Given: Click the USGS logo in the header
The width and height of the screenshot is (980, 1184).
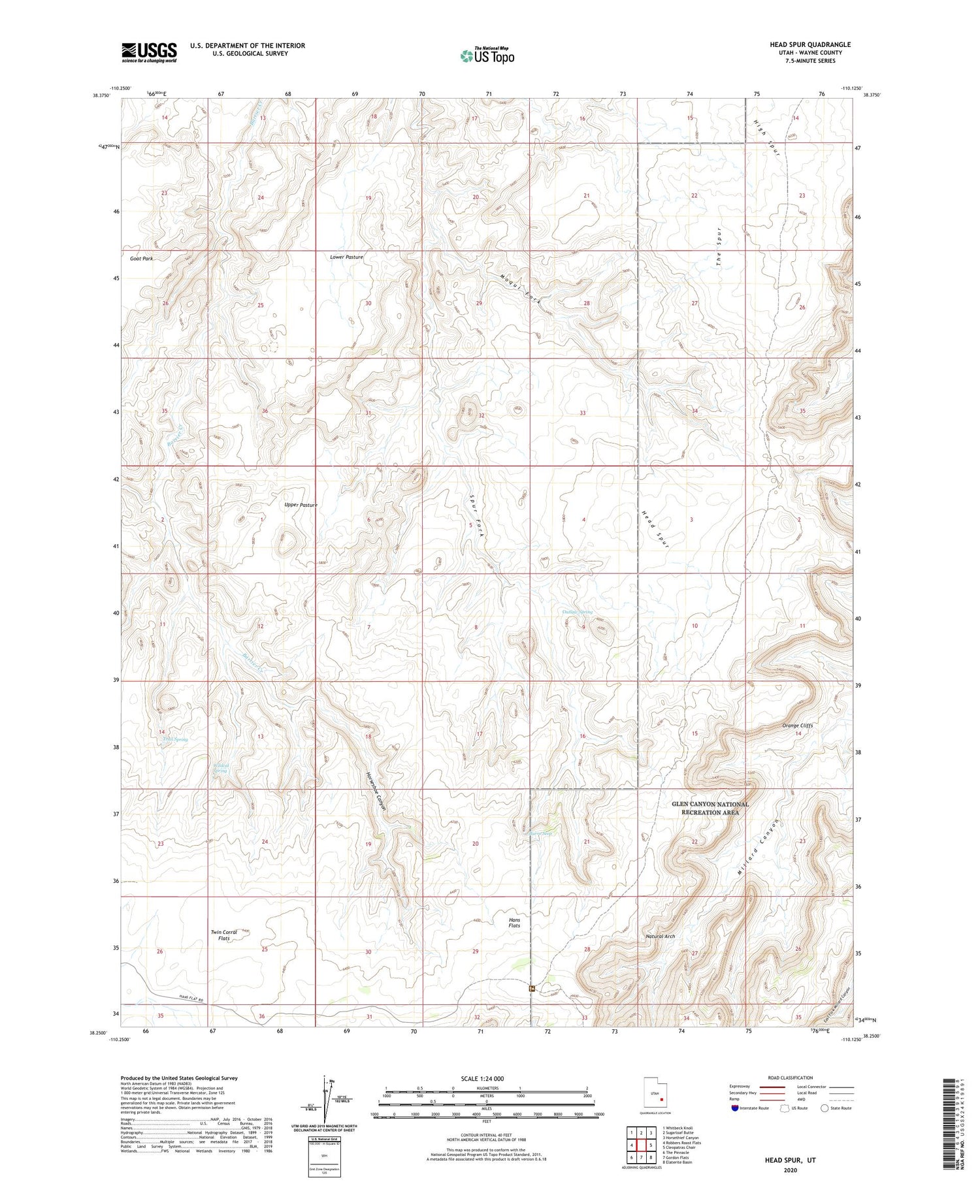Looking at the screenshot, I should coord(149,52).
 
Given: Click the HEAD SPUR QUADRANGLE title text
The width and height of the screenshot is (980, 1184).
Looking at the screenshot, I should coord(809,44).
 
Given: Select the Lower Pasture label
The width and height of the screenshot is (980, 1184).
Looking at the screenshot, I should coord(346,257).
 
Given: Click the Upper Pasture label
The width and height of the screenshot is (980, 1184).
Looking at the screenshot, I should coord(301,505).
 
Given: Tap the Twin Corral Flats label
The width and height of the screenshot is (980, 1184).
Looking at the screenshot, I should coord(223,935).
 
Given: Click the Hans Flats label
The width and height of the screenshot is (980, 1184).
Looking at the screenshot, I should coord(515,922).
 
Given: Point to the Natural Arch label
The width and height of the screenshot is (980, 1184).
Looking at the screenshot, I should coord(660,936).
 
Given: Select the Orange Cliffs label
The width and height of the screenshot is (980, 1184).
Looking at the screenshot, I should coord(798,726).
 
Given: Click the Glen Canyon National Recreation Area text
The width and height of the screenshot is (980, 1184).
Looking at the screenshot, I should coord(710,808).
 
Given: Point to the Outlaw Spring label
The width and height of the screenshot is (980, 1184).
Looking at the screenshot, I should coord(578,612).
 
